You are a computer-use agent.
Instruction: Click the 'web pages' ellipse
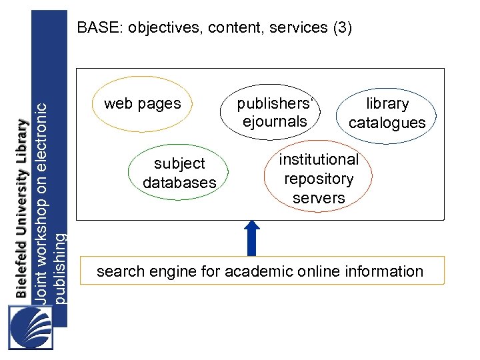pyautogui.click(x=142, y=104)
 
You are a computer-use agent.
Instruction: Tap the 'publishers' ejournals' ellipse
pyautogui.click(x=275, y=112)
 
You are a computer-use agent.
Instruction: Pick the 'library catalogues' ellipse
pyautogui.click(x=387, y=113)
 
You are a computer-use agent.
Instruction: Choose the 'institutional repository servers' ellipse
pyautogui.click(x=319, y=178)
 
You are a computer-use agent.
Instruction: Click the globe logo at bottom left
pyautogui.click(x=31, y=327)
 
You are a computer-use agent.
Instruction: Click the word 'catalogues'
pyautogui.click(x=387, y=123)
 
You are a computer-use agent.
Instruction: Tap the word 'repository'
pyautogui.click(x=319, y=179)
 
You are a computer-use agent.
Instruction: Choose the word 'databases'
pyautogui.click(x=179, y=183)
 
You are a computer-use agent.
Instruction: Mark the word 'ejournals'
pyautogui.click(x=275, y=121)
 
